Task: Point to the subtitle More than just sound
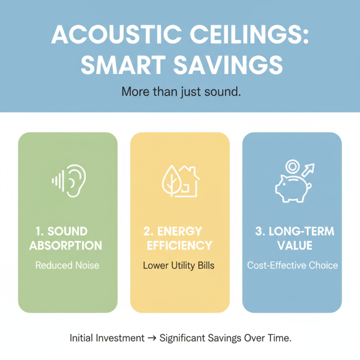pos(180,92)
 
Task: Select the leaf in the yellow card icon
pos(171,181)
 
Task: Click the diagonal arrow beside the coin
pos(309,171)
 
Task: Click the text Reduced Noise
pos(67,265)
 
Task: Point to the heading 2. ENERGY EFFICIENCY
pos(180,238)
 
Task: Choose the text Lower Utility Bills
pos(179,265)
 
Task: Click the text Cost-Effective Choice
pos(292,265)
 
